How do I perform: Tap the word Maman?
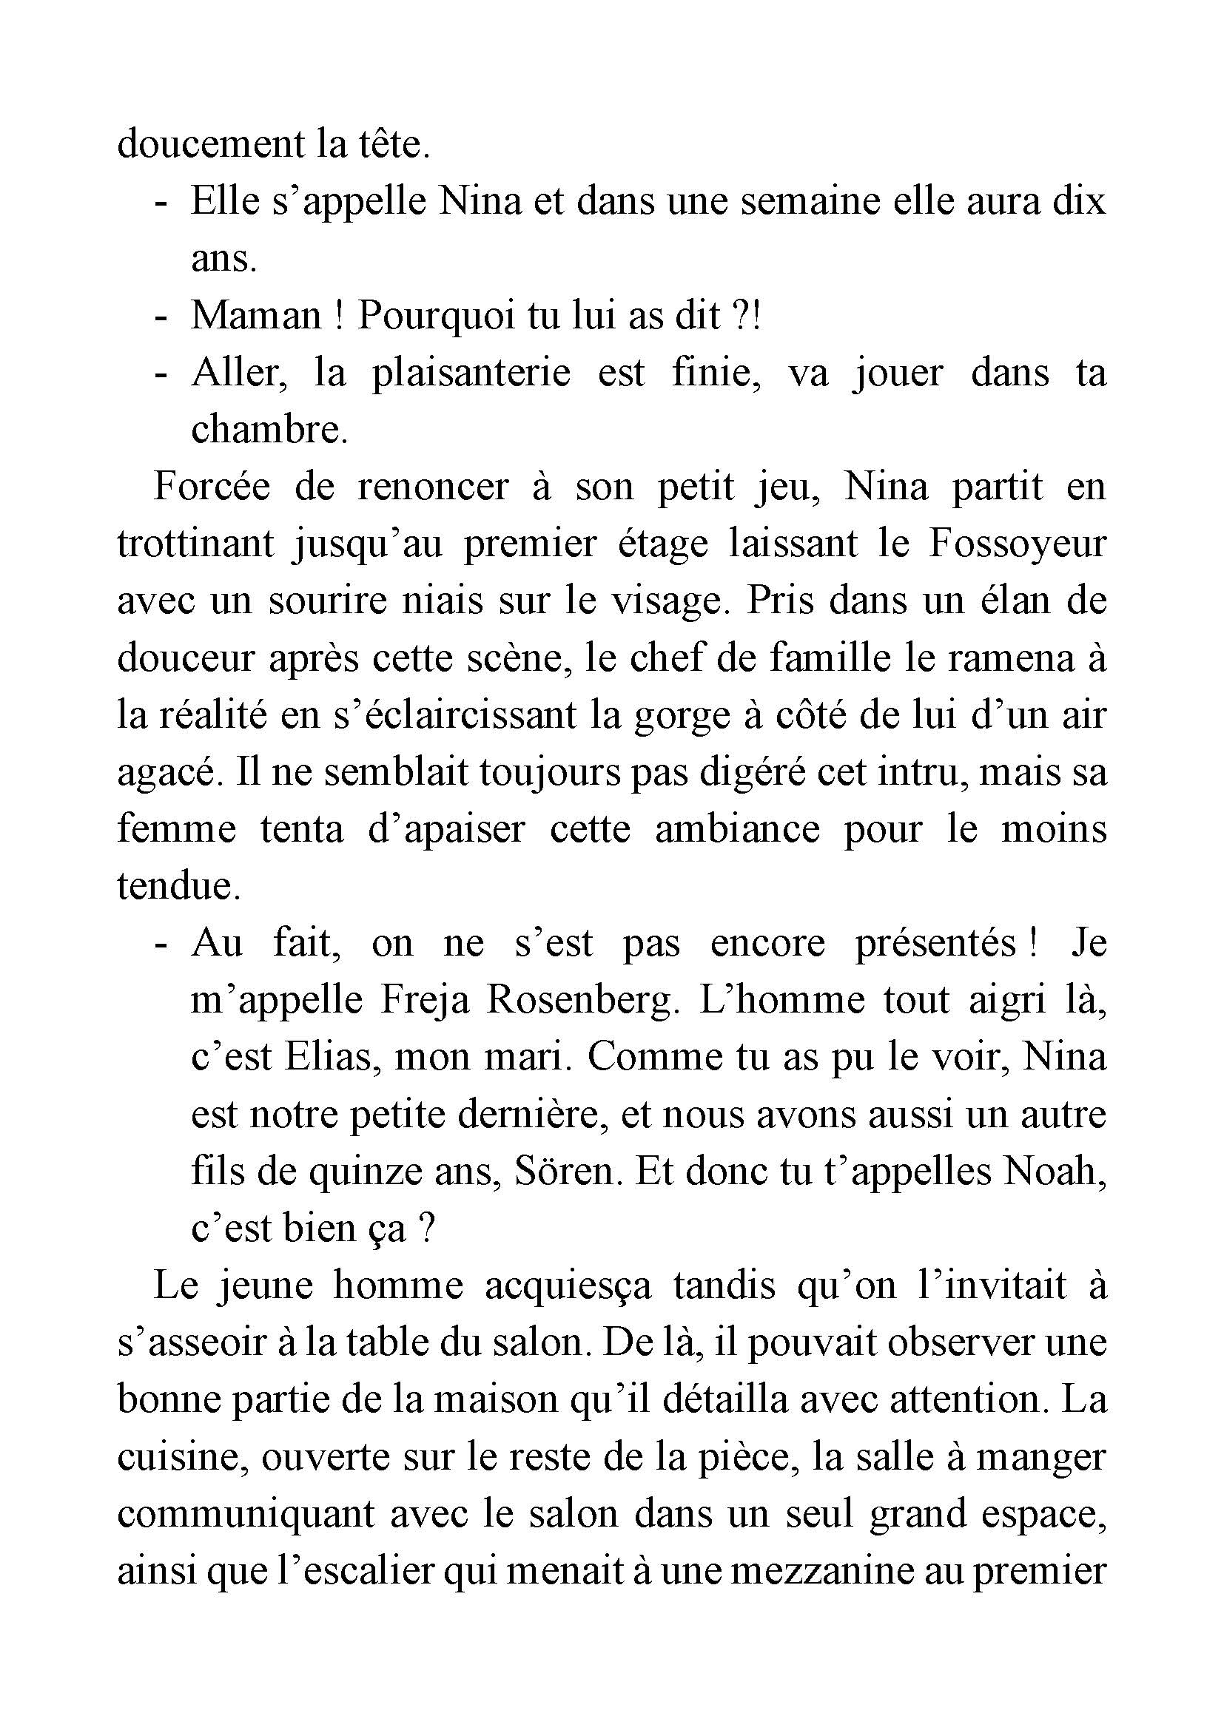[255, 315]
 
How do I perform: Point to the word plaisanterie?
[471, 372]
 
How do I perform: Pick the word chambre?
[269, 430]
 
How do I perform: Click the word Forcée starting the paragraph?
[211, 486]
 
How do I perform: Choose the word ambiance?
[737, 829]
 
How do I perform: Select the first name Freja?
[426, 1001]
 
